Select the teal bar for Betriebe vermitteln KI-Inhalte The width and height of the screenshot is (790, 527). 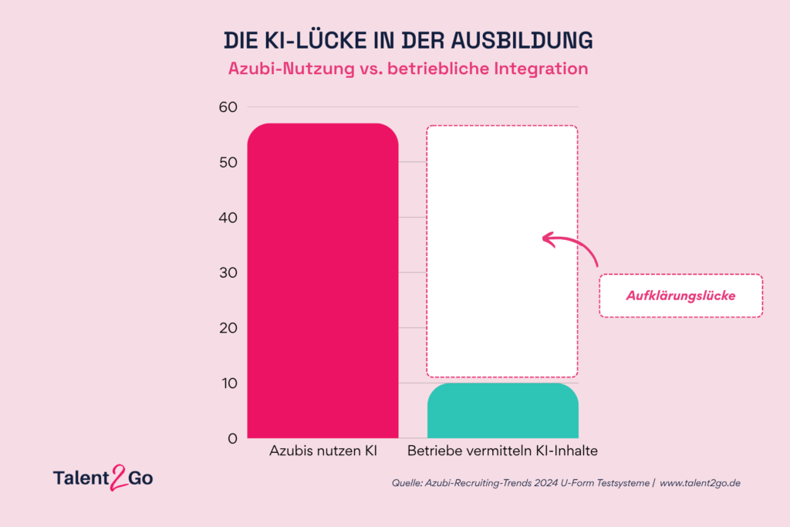502,410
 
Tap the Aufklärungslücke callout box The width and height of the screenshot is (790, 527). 680,296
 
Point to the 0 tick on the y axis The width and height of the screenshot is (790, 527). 231,438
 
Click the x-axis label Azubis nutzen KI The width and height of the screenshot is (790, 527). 322,451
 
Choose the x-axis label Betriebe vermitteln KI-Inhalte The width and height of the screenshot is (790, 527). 502,451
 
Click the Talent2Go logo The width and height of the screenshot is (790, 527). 103,478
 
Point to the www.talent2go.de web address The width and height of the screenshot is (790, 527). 701,483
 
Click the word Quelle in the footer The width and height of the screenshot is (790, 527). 409,483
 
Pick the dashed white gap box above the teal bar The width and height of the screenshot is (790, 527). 502,251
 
